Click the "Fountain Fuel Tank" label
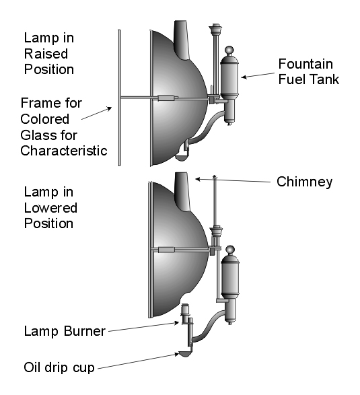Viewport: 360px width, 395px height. (309, 72)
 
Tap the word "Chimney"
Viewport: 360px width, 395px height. (304, 182)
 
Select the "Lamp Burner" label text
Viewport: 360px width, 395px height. (65, 331)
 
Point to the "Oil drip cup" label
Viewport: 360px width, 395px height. (59, 367)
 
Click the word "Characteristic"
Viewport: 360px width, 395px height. (64, 151)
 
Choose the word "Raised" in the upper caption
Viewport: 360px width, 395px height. (46, 54)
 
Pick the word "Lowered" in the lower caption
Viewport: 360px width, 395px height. (50, 208)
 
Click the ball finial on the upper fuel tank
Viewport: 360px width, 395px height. (229, 50)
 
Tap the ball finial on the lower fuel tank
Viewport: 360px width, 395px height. (229, 250)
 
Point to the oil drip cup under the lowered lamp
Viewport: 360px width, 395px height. (186, 354)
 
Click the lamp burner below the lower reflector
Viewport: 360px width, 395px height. (185, 314)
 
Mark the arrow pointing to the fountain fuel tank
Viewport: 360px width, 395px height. (258, 75)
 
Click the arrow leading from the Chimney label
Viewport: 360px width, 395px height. (233, 180)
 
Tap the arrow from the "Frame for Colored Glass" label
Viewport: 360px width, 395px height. (96, 113)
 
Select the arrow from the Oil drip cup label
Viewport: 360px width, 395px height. (139, 361)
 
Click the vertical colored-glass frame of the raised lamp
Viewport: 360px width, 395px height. (119, 98)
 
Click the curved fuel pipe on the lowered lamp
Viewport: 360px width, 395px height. (209, 327)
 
